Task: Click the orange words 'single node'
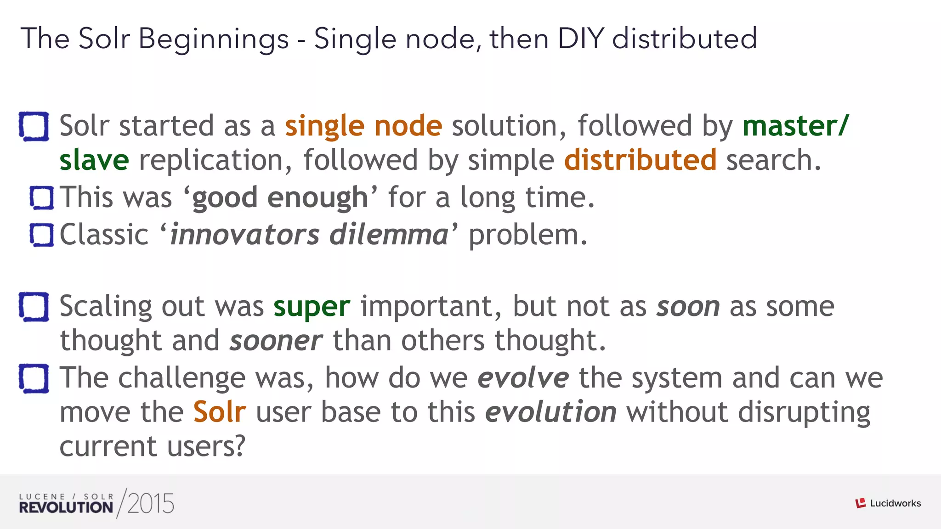(x=363, y=126)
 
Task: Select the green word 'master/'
(x=796, y=126)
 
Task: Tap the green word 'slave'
(x=94, y=160)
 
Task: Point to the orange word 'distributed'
(x=640, y=160)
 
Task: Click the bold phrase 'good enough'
(x=280, y=198)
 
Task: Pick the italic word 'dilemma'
(x=389, y=235)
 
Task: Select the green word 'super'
(x=312, y=307)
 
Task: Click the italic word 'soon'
(x=688, y=307)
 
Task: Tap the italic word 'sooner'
(x=276, y=341)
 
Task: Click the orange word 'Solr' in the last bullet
(x=220, y=412)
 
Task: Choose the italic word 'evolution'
(x=551, y=412)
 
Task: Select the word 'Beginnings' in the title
(x=213, y=39)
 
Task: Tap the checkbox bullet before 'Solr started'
(x=34, y=126)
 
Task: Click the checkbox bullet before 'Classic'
(x=42, y=235)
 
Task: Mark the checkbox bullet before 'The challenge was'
(x=34, y=378)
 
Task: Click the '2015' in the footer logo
(x=151, y=504)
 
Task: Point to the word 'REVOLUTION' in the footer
(x=66, y=507)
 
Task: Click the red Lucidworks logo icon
(x=861, y=503)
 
